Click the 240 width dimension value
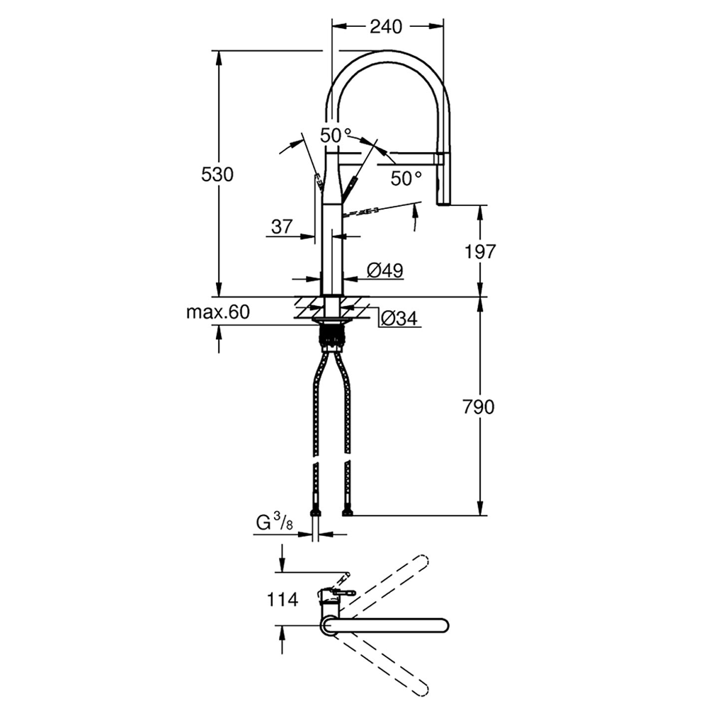coord(386,27)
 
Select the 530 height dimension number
coord(217,174)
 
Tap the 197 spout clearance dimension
coord(480,251)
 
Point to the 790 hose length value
coord(479,407)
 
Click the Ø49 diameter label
coord(385,270)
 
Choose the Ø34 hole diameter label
coord(399,319)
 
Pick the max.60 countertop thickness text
coord(217,312)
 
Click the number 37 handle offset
coord(282,227)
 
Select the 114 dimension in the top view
coord(282,599)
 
